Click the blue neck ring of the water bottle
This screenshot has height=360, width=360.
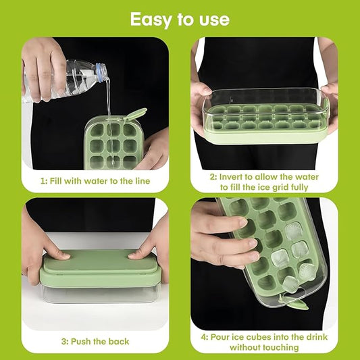(x=100, y=71)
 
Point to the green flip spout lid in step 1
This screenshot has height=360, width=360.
(x=136, y=114)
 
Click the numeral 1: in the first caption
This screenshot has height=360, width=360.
(x=44, y=181)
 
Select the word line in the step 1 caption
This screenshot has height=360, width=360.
(x=143, y=181)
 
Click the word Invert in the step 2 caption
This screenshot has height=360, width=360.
(x=231, y=177)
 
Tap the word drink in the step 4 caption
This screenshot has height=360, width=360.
(x=316, y=337)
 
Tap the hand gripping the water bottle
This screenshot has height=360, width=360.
(x=43, y=69)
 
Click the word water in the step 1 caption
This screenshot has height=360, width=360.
(x=96, y=181)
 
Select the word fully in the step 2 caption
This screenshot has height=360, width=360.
(x=300, y=187)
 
